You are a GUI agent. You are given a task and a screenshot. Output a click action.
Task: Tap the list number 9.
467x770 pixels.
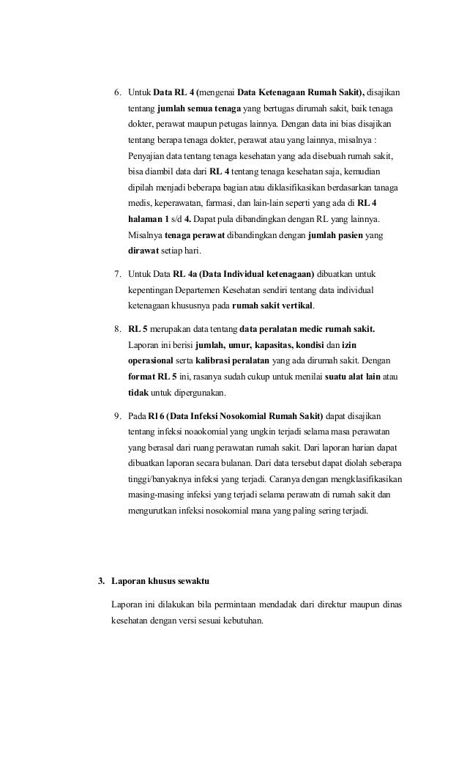coord(116,417)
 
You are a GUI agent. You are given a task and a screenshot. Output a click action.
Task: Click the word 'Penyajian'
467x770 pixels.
coord(146,156)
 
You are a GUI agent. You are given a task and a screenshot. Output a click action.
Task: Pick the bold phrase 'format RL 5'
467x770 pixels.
coord(152,377)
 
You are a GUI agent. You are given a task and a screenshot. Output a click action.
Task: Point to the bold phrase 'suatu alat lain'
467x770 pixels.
coord(348,377)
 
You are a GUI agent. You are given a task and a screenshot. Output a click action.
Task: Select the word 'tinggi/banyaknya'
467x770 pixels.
coord(160,481)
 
